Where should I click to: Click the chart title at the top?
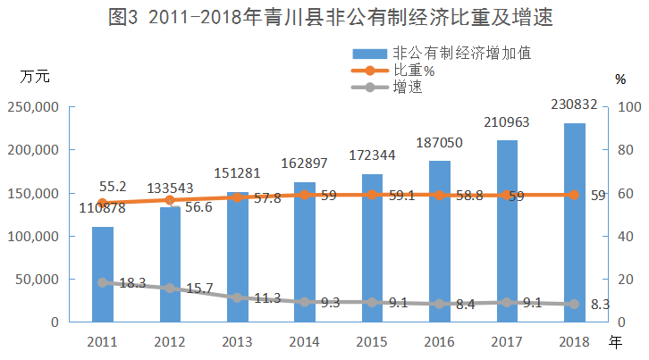point(324,18)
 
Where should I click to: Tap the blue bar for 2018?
point(575,222)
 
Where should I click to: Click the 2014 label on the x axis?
point(304,342)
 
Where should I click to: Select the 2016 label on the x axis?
point(439,342)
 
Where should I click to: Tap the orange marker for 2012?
point(170,200)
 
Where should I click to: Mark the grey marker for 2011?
point(103,282)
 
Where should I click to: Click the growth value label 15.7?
point(199,289)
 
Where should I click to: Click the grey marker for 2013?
point(237,297)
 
